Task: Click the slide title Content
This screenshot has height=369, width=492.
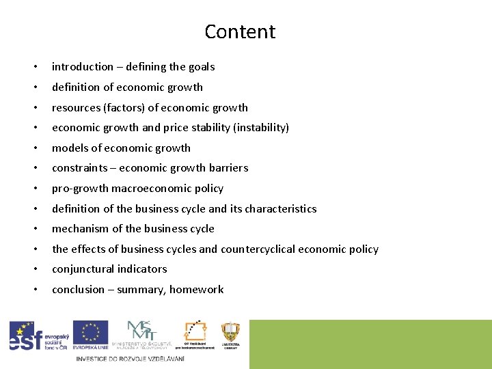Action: tap(240, 31)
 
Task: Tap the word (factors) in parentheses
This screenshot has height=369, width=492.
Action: tap(123, 107)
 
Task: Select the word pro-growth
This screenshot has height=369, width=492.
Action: tap(80, 189)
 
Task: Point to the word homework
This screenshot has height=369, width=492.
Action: tap(196, 290)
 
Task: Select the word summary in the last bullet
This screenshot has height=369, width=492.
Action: tap(141, 290)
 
